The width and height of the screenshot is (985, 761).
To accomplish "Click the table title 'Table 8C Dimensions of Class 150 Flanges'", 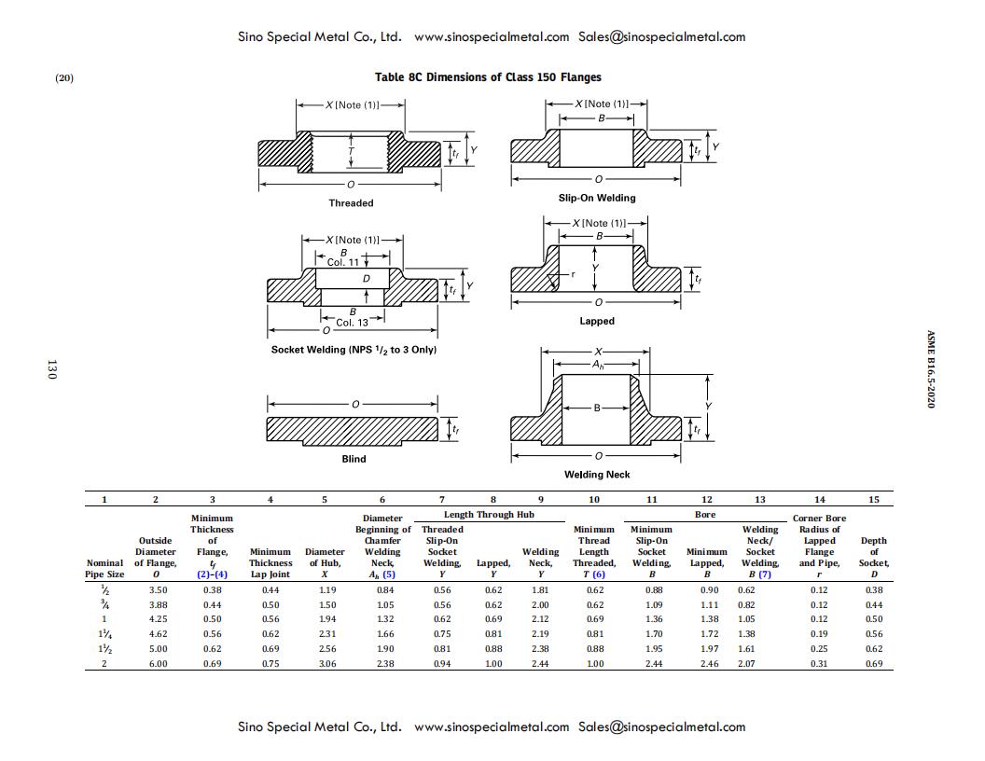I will point(488,77).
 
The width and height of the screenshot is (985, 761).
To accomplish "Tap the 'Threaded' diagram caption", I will point(351,203).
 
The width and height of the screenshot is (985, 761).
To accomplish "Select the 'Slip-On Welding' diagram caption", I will point(597,198).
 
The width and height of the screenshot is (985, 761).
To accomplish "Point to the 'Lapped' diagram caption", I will point(597,321).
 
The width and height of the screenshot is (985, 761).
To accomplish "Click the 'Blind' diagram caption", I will point(354,459).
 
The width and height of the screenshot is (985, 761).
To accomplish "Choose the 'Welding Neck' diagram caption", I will point(597,475).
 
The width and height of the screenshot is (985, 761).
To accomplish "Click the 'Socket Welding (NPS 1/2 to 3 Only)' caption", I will point(354,350).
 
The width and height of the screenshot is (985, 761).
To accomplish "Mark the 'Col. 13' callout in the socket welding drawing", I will point(352,323).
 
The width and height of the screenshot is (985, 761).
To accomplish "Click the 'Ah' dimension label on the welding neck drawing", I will point(596,366).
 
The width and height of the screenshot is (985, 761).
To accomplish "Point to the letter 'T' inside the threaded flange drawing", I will point(351,150).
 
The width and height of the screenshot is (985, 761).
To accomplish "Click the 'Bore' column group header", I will point(705,515).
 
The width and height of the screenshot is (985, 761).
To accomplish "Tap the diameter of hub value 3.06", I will point(326,664).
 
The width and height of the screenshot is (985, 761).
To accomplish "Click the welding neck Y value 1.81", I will point(540,590).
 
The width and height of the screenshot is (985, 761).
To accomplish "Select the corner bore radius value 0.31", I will point(819,664).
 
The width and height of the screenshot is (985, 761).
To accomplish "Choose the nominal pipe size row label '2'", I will point(104,664).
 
